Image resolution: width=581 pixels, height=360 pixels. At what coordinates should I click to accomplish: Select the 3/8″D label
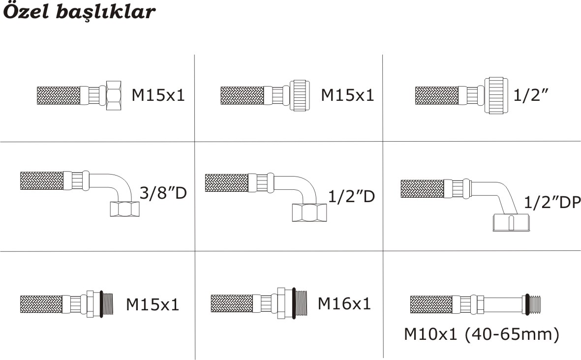(163, 193)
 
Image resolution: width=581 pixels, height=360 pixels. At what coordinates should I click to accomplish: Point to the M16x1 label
(344, 303)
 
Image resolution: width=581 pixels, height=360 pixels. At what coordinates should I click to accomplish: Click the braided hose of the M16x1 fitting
(231, 303)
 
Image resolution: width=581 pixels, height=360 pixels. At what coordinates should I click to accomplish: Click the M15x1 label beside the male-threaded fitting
(153, 305)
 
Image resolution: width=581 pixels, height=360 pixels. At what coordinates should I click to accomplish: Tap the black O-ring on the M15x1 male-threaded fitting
(103, 303)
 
